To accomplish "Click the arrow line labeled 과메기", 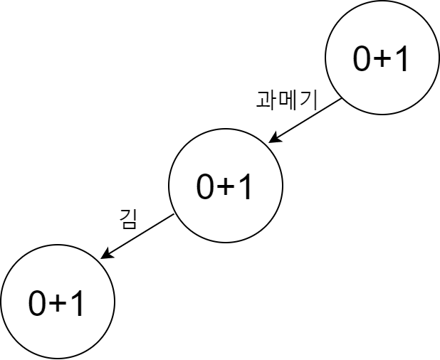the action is [306, 121].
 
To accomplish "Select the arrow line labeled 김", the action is [138, 235].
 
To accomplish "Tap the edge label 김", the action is [128, 219].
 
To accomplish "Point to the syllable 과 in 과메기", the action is [266, 99].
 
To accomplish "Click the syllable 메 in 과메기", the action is [286, 99].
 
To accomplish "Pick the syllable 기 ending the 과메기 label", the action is [305, 99].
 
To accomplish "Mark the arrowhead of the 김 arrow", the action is [104, 256].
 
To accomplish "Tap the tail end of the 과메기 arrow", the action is [342, 100].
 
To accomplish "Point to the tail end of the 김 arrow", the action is [174, 215].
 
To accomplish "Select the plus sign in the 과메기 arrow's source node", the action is [383, 60].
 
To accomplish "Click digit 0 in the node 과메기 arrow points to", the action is [206, 187].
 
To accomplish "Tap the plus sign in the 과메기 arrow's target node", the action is [226, 188].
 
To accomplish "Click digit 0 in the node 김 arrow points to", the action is [38, 304].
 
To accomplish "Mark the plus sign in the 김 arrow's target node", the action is [58, 305].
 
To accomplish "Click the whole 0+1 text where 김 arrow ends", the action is [57, 304].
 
